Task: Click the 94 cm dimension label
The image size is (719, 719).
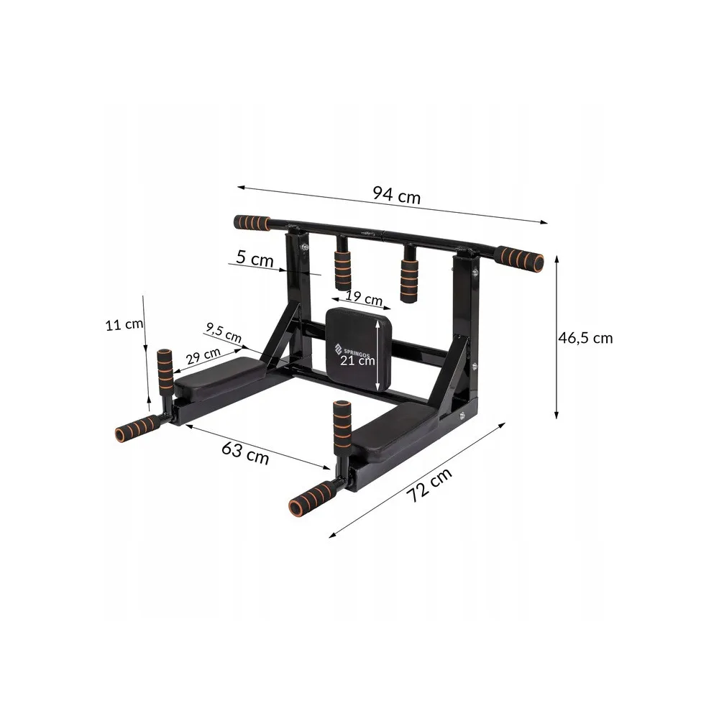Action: (396, 195)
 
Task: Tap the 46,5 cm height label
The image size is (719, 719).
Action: (585, 338)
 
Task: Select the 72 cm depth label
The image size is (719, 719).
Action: (429, 485)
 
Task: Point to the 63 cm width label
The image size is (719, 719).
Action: (245, 452)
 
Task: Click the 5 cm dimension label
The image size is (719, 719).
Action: (255, 258)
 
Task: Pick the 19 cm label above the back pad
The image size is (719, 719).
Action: (364, 298)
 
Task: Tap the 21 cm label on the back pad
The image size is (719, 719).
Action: (357, 360)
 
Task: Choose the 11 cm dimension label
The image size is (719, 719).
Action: (124, 325)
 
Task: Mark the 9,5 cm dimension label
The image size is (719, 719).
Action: (224, 332)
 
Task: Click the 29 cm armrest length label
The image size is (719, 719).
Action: (203, 356)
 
